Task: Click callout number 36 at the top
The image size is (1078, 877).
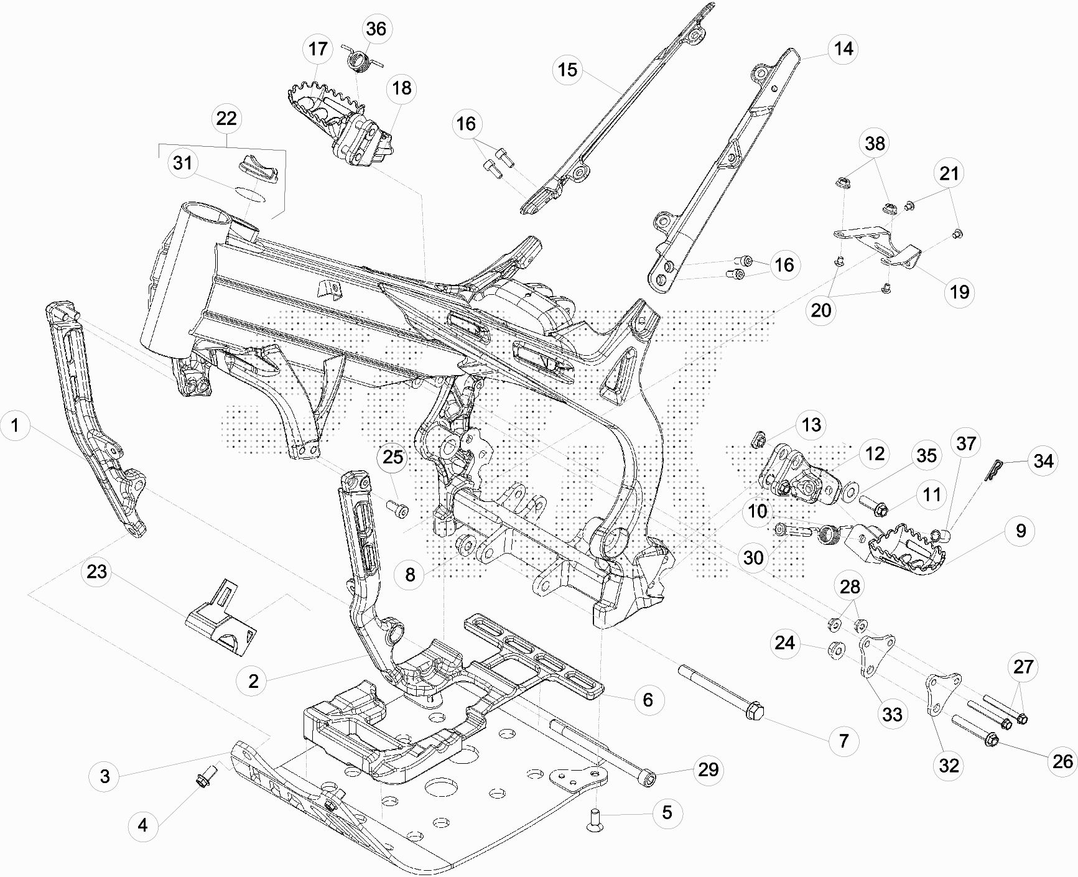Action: pyautogui.click(x=376, y=29)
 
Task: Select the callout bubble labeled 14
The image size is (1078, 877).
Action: pyautogui.click(x=843, y=49)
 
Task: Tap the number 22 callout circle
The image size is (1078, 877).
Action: pyautogui.click(x=226, y=118)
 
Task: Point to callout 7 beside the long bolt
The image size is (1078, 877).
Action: pyautogui.click(x=843, y=741)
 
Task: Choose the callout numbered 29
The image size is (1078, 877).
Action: pyautogui.click(x=709, y=769)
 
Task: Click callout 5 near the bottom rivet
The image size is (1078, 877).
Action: pyautogui.click(x=667, y=812)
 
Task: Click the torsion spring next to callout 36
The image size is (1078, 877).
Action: pyautogui.click(x=358, y=61)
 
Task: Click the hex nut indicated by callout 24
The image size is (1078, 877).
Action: pyautogui.click(x=835, y=651)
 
